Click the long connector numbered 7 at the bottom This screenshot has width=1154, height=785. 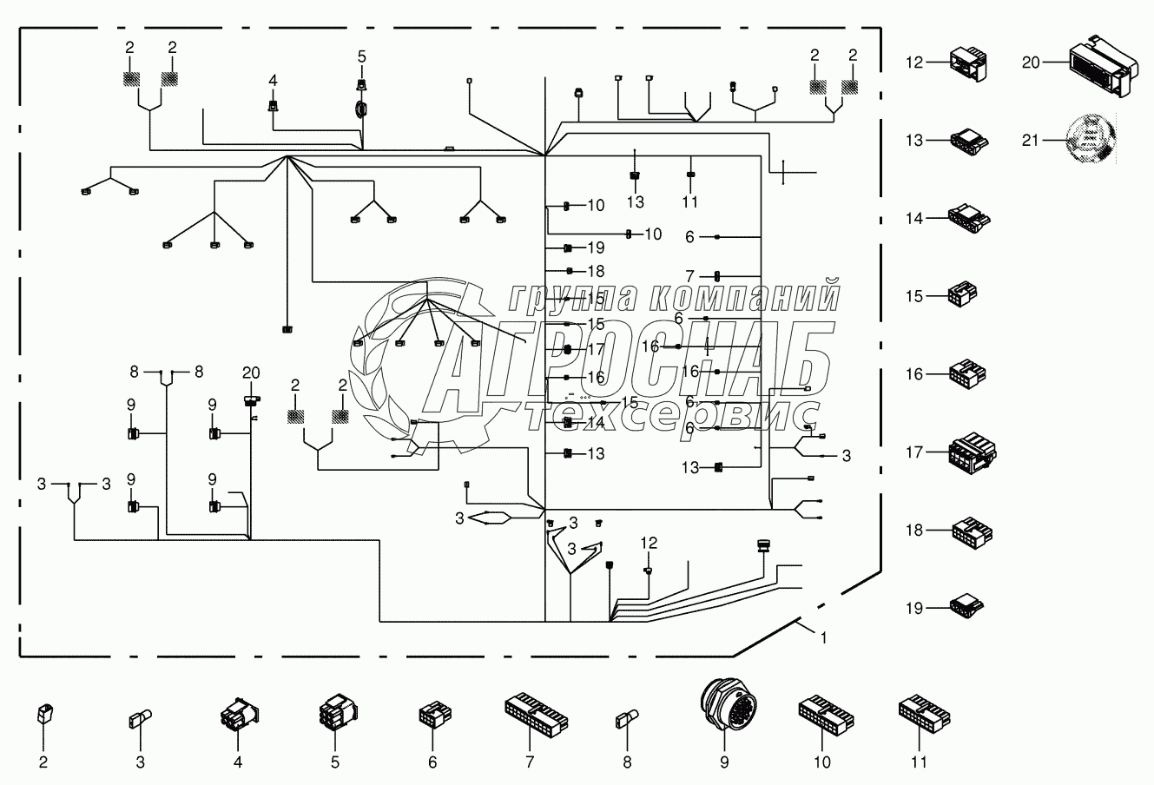point(536,713)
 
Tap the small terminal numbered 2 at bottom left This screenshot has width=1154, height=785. point(43,715)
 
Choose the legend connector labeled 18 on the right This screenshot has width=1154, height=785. point(972,531)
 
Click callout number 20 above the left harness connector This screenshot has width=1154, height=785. point(250,373)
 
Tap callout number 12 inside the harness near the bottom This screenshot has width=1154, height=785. point(649,543)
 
